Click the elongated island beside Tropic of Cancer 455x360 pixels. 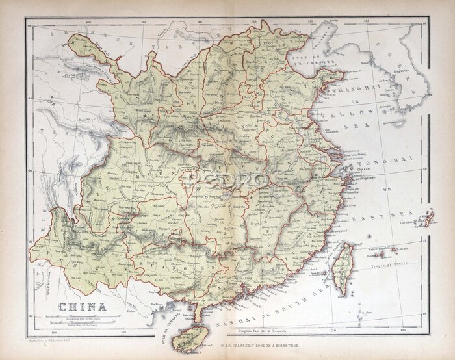tap(343, 266)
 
